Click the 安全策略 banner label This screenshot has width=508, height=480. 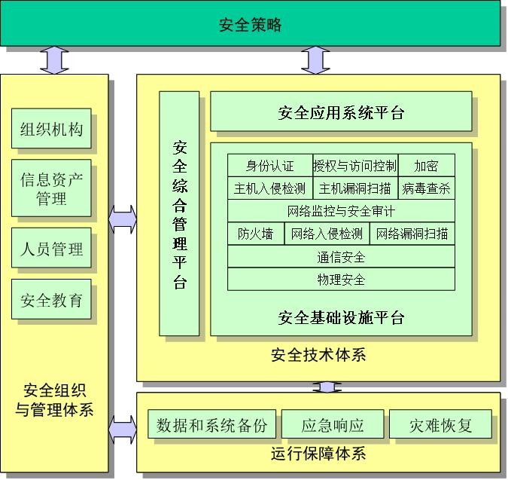point(251,25)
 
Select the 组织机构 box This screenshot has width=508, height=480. point(51,130)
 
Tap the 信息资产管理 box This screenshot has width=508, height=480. point(51,189)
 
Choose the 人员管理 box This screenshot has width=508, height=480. point(51,249)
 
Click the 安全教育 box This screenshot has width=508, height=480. point(51,301)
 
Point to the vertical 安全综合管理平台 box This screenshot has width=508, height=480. point(179,214)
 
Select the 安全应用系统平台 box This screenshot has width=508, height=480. point(341,113)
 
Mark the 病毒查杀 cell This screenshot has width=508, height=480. point(426,188)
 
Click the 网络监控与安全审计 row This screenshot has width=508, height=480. point(341,211)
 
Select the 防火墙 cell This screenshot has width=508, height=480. point(256,234)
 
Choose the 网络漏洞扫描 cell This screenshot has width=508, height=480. point(412,234)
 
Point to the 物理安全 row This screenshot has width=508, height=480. point(341,280)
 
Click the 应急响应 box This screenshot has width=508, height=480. point(333,425)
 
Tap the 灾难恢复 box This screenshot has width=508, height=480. point(440,425)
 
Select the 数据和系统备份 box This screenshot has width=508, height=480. point(211,425)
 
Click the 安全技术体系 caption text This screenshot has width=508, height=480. point(318,354)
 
